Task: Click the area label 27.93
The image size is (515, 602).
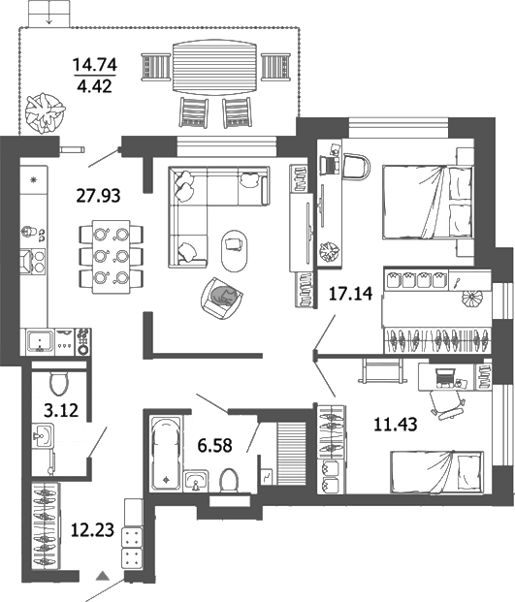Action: pyautogui.click(x=98, y=196)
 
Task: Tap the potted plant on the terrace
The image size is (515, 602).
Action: pyautogui.click(x=45, y=111)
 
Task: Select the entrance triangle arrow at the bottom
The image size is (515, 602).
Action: pyautogui.click(x=100, y=578)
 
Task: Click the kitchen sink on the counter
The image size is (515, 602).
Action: pyautogui.click(x=43, y=341)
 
